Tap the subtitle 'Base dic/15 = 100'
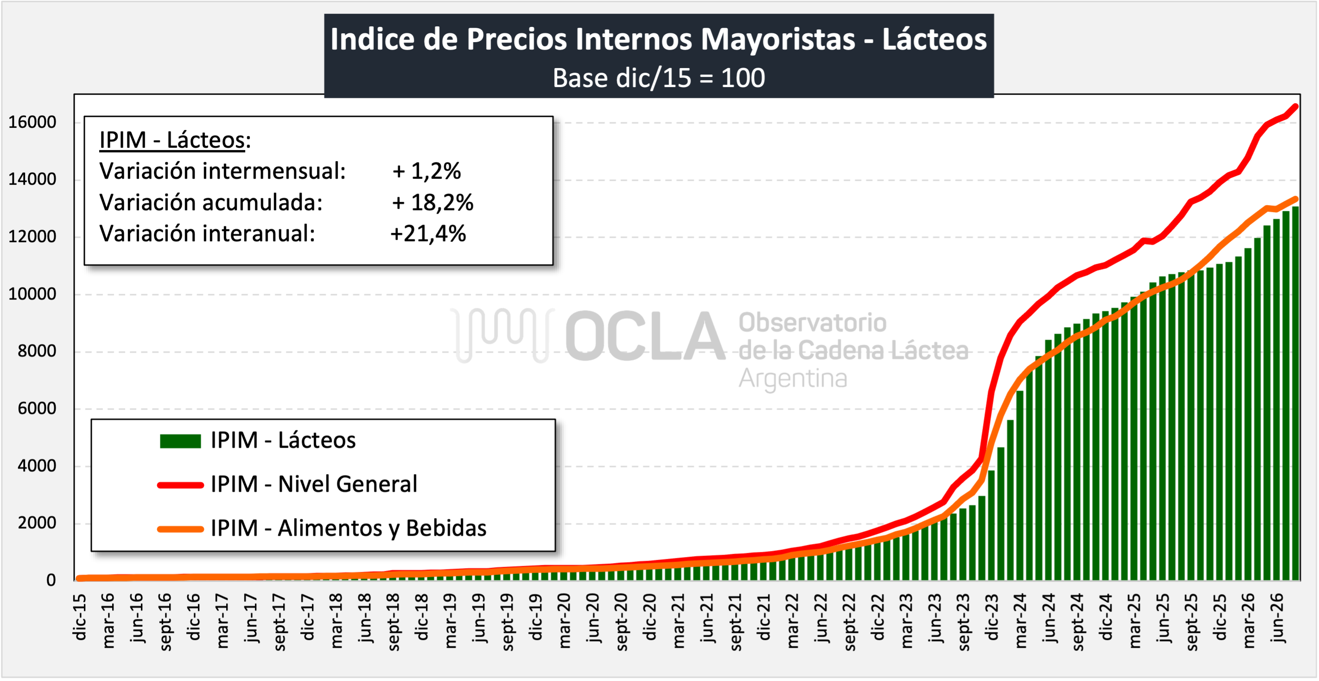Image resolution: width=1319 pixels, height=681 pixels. click(659, 78)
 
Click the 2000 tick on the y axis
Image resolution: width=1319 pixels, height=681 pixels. click(37, 524)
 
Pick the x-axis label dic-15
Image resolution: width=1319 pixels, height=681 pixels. click(79, 618)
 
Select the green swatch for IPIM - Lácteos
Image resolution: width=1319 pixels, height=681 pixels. click(180, 441)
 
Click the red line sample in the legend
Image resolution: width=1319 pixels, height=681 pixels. click(180, 485)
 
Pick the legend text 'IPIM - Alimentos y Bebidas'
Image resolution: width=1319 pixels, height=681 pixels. click(348, 529)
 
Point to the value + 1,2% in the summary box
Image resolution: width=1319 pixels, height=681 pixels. click(426, 171)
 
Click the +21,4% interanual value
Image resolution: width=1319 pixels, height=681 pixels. click(428, 234)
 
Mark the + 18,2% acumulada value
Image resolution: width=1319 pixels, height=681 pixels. click(433, 203)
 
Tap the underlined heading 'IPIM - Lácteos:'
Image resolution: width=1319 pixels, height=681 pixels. click(175, 140)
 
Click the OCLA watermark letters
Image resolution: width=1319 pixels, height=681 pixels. click(645, 336)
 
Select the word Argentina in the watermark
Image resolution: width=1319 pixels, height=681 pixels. click(793, 379)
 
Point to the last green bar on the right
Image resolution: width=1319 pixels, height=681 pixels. click(1295, 394)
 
